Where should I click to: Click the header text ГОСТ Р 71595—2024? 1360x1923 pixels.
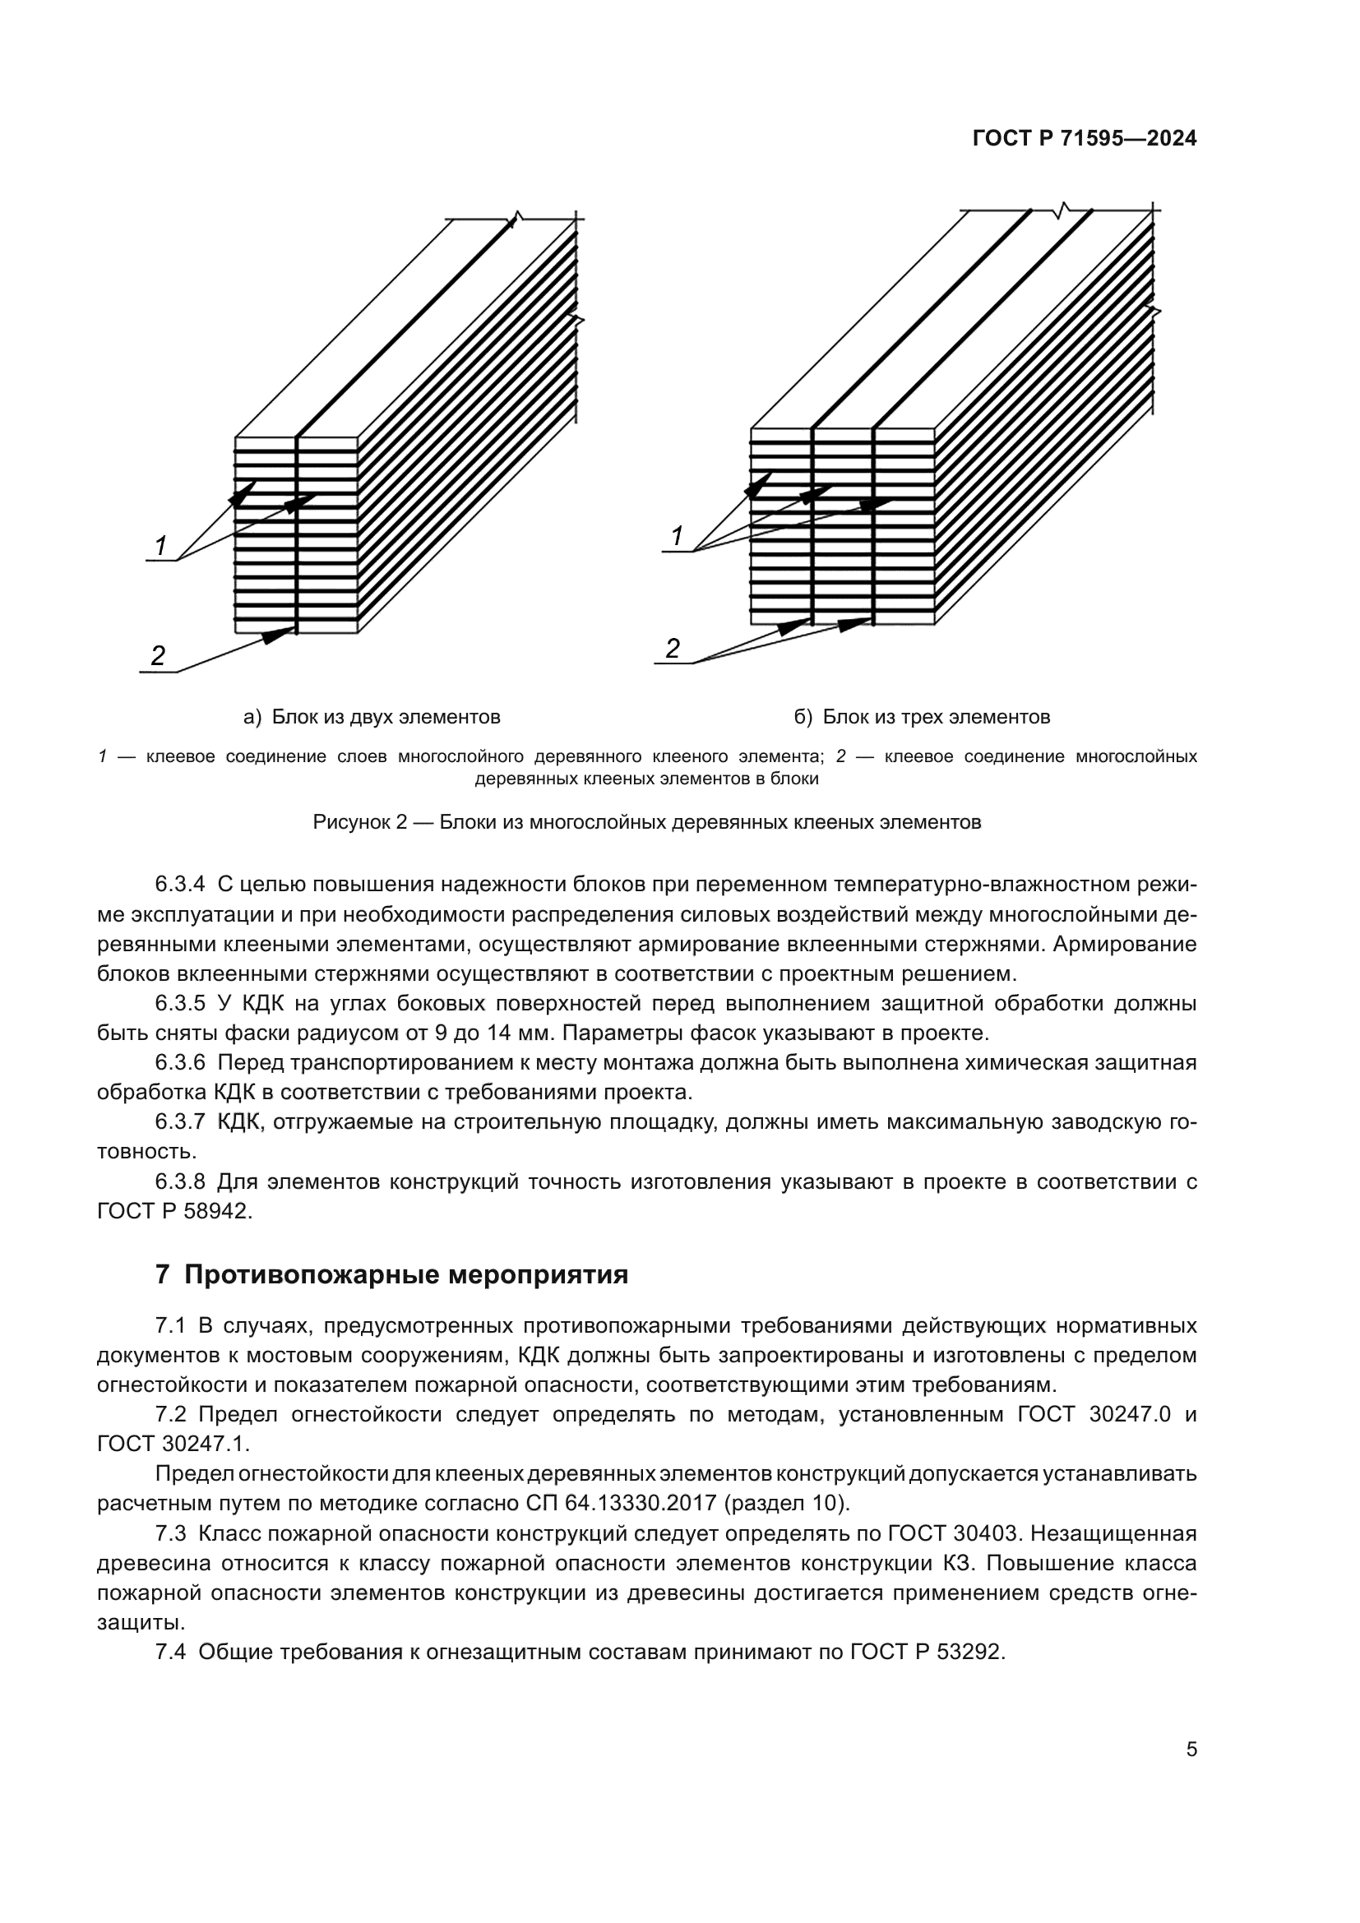[x=1084, y=139]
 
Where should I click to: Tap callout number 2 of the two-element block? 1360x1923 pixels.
[x=157, y=656]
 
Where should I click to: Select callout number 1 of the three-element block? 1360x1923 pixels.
[x=678, y=536]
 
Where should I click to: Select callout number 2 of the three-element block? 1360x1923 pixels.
[x=673, y=648]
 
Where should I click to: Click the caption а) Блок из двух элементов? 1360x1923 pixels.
[x=372, y=717]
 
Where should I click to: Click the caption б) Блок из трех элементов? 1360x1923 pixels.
[x=921, y=717]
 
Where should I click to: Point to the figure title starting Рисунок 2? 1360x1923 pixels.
[x=646, y=821]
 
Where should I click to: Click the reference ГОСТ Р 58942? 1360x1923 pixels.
[x=173, y=1211]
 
